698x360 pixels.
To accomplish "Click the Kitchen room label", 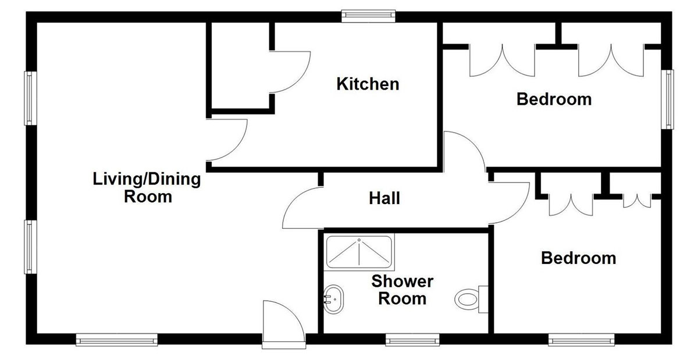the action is (368, 84).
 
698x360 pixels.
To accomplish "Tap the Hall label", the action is (384, 198).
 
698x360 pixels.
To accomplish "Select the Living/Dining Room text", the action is (147, 188).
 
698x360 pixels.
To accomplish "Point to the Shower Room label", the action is (403, 290).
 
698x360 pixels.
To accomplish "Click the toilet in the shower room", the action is (472, 299).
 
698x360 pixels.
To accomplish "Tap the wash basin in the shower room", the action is (334, 299).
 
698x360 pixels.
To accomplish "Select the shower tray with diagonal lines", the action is (359, 252).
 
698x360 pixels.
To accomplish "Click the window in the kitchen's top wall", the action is (368, 16).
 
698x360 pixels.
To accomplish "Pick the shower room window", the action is (412, 340).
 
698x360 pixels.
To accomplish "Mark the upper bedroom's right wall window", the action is (668, 99).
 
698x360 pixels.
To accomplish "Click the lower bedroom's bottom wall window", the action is (582, 340).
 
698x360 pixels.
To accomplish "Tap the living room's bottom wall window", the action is (117, 340).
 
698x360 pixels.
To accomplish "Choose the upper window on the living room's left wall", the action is (30, 98).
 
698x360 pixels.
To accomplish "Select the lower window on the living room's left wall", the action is (30, 247).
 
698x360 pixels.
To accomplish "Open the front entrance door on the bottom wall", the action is (284, 324).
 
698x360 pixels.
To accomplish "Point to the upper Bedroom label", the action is (554, 99).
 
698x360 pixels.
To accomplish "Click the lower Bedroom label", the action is (579, 258).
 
